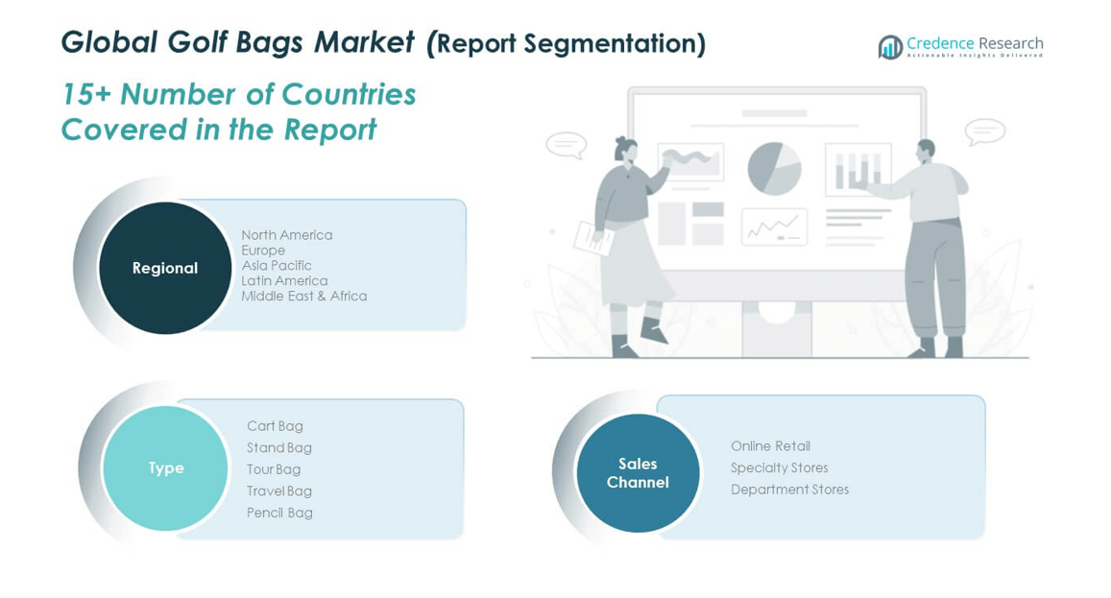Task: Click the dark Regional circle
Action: click(x=165, y=268)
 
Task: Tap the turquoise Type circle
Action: click(x=165, y=468)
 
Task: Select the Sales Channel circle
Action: click(x=638, y=472)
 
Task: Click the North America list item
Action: click(x=286, y=234)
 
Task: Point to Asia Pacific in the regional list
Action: click(x=277, y=265)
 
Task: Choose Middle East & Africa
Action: click(x=304, y=296)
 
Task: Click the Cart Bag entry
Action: click(x=275, y=426)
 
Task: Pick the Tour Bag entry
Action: click(x=274, y=469)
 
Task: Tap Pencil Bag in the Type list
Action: click(x=279, y=513)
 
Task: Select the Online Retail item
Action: click(x=771, y=445)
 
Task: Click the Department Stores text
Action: click(x=790, y=489)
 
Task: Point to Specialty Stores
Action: click(x=780, y=467)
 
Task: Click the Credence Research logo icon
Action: click(x=890, y=47)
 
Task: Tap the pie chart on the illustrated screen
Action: click(x=775, y=169)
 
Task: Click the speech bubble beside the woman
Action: click(x=567, y=145)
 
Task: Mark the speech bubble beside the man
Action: click(x=985, y=132)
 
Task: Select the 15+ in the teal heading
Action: click(x=85, y=94)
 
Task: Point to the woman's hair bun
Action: click(x=620, y=141)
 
